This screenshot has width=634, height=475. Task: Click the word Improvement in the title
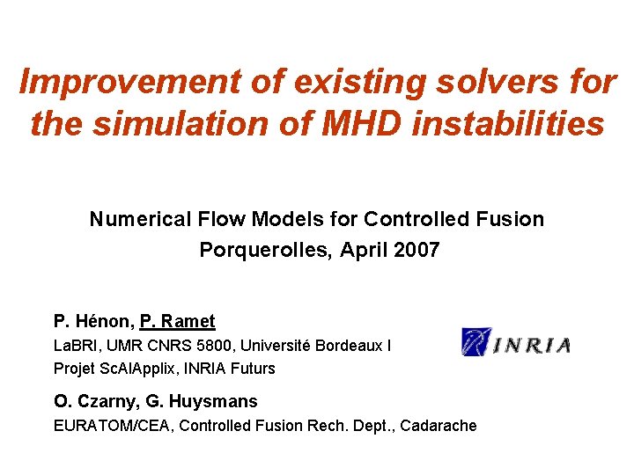coord(107,82)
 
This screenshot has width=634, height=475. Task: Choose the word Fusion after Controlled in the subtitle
coord(512,218)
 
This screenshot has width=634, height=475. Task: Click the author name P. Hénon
coord(91,321)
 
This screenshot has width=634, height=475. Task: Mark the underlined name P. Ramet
coord(177,321)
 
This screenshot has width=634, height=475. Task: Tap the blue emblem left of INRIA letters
coord(476,342)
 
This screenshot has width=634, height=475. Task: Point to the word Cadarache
coord(440,426)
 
